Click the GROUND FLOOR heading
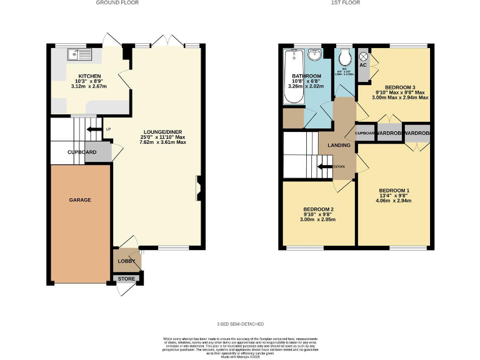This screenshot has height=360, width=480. pyautogui.click(x=117, y=3)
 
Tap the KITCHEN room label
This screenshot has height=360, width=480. pyautogui.click(x=89, y=76)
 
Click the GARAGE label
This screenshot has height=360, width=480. pyautogui.click(x=80, y=200)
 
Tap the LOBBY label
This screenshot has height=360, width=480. pyautogui.click(x=126, y=261)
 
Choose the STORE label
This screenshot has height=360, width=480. pyautogui.click(x=126, y=279)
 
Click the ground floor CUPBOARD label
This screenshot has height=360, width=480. pyautogui.click(x=82, y=152)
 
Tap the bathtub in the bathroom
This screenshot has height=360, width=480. pyautogui.click(x=292, y=76)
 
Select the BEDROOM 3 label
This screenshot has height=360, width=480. pyautogui.click(x=401, y=87)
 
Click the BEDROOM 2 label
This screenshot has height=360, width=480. pyautogui.click(x=318, y=209)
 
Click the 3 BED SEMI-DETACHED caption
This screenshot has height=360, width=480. pyautogui.click(x=239, y=324)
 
